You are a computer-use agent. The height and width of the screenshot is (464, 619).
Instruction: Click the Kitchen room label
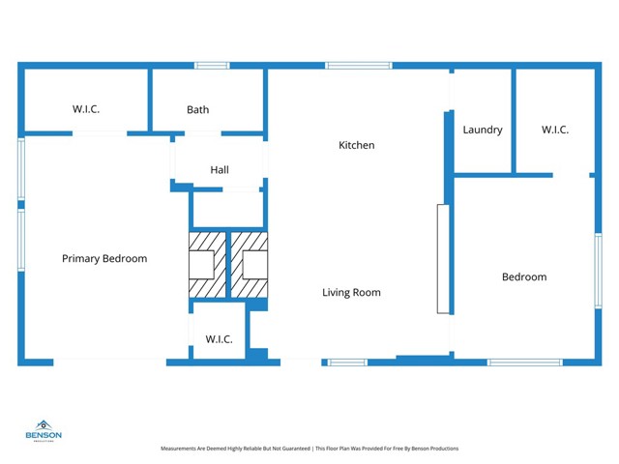356,145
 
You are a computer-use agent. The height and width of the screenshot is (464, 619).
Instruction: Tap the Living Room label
351,292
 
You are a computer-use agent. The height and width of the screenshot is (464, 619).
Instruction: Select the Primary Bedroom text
104,258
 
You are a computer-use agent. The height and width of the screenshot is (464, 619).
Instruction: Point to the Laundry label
483,130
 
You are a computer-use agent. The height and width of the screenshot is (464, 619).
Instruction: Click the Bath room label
197,110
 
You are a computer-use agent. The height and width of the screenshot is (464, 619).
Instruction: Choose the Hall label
220,170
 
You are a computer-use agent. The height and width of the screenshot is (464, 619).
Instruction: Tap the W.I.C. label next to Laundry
555,130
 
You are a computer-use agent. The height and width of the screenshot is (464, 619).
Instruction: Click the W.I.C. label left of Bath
86,109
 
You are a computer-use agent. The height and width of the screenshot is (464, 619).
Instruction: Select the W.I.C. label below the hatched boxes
219,339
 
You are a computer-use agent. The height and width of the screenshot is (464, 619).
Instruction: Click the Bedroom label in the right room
523,276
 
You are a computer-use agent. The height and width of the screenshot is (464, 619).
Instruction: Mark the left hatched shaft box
205,265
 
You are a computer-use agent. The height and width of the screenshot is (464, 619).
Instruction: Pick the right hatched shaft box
249,265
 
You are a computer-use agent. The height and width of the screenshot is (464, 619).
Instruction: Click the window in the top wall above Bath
211,66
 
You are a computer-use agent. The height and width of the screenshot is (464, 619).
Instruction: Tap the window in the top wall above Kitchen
358,66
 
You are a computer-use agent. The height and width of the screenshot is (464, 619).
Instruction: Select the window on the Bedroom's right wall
598,270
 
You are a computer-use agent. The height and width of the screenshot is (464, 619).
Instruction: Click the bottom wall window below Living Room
346,362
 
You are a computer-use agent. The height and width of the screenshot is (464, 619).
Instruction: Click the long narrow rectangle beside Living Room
443,258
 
